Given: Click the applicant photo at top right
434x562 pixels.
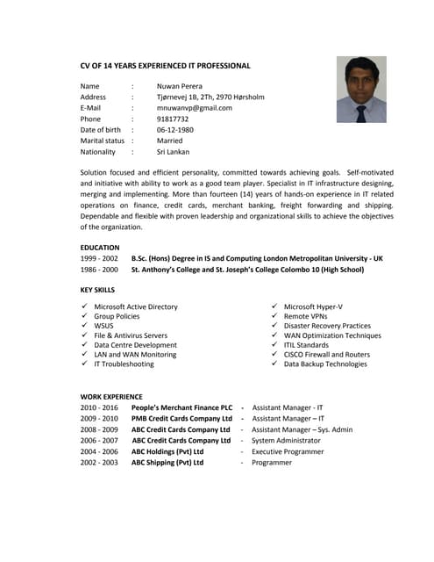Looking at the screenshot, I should (x=361, y=90).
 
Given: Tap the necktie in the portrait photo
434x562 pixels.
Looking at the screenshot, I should (x=361, y=113).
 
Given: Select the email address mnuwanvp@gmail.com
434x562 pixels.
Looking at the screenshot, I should (x=194, y=108).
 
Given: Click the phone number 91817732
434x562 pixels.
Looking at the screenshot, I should (x=173, y=119).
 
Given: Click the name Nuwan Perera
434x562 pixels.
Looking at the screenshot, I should (x=180, y=86).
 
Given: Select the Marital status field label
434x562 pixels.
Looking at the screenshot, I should (x=103, y=140).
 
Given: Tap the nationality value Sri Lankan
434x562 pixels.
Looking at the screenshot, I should (x=173, y=152).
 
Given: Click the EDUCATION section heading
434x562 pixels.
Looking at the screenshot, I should (x=100, y=248).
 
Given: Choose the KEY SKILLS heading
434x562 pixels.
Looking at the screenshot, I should (x=97, y=289).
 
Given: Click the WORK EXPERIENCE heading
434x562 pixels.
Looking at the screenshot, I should (x=111, y=396).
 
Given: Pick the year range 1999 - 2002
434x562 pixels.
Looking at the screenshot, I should (x=99, y=259).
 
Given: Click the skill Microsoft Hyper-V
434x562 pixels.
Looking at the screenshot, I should (x=313, y=306).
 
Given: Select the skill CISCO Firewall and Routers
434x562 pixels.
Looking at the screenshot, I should (x=326, y=354).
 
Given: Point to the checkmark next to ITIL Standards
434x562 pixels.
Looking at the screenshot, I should (x=274, y=345).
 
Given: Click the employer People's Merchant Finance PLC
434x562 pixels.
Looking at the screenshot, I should (x=181, y=408).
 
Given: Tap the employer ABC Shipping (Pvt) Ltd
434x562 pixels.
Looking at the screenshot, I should (x=167, y=462).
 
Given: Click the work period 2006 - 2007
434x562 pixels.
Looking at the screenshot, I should (x=99, y=441).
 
